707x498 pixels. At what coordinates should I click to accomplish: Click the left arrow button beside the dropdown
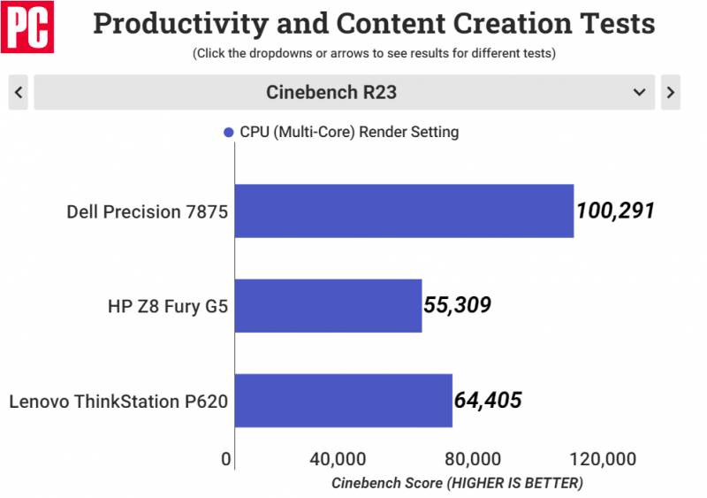(19, 92)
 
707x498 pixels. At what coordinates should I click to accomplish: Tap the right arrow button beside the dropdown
(670, 92)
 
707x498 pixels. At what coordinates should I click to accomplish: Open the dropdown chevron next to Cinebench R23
(639, 92)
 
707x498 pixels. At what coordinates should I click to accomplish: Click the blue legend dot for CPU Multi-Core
(229, 133)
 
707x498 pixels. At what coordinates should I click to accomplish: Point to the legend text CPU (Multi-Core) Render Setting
(349, 133)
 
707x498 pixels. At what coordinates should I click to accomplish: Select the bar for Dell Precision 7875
(404, 211)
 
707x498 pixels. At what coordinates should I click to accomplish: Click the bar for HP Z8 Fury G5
(328, 305)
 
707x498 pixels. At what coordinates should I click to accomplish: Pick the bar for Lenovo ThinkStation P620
(344, 401)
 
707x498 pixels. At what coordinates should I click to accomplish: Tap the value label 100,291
(615, 211)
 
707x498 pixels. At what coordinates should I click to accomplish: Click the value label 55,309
(457, 305)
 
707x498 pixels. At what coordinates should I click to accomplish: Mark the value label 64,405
(488, 401)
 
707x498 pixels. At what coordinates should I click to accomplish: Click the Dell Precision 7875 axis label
(147, 211)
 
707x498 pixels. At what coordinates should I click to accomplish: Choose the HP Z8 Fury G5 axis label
(167, 306)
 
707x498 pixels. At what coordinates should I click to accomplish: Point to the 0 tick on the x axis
(226, 459)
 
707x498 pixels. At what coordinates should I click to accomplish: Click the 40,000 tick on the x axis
(338, 459)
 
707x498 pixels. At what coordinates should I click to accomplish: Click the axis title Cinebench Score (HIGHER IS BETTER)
(457, 483)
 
